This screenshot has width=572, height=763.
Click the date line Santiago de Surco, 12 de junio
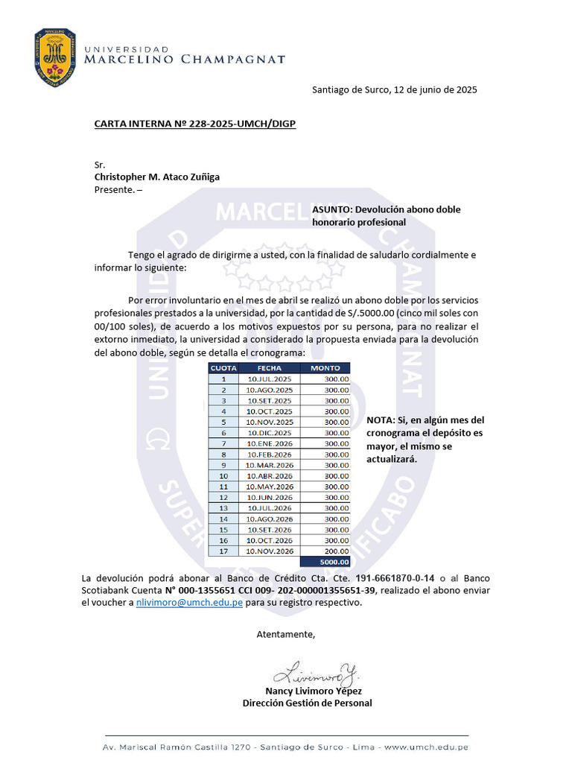[x=395, y=90]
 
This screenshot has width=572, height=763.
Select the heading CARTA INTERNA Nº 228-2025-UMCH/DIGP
[x=194, y=124]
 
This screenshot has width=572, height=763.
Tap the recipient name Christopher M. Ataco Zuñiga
[x=156, y=177]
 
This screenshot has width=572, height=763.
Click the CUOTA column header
[x=223, y=368]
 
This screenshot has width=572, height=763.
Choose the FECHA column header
[x=269, y=368]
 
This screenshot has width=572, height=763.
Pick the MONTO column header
[x=325, y=368]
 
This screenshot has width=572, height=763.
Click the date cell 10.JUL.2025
[x=270, y=379]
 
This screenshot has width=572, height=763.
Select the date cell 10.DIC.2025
[x=270, y=433]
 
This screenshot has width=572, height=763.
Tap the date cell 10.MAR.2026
[x=270, y=465]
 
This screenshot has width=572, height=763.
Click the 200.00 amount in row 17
[x=336, y=551]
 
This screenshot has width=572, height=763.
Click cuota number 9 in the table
[x=223, y=465]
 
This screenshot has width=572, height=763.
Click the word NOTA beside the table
[x=380, y=420]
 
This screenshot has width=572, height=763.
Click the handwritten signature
[x=316, y=675]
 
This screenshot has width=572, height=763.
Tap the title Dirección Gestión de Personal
[x=307, y=703]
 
